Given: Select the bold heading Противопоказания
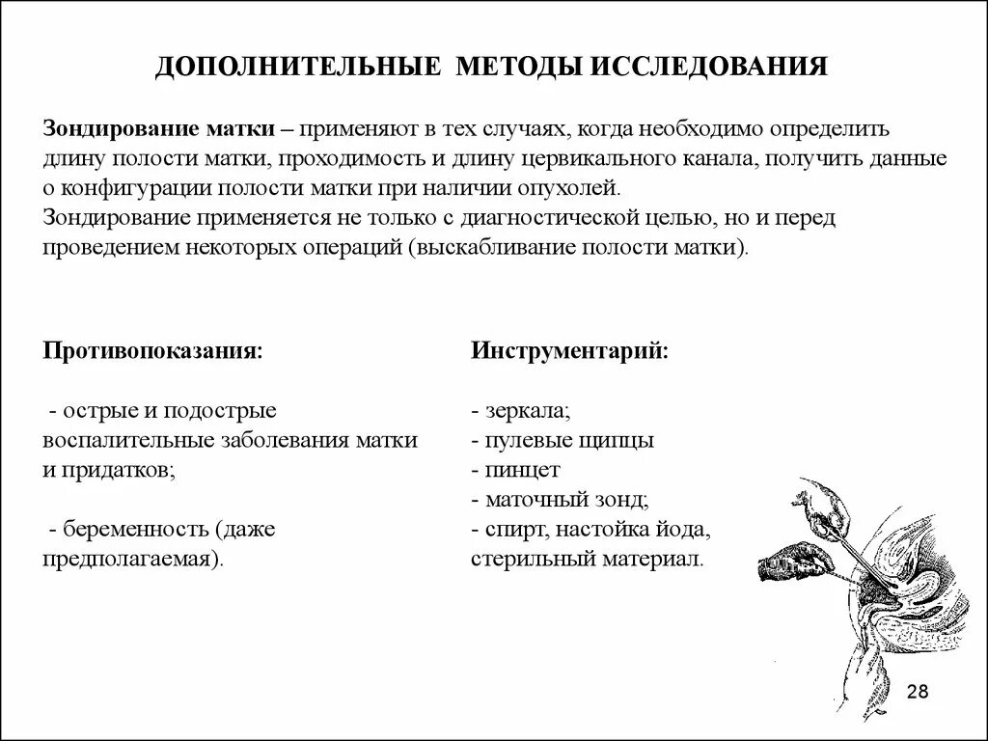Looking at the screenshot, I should (152, 349).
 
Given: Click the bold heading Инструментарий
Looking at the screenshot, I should (570, 349).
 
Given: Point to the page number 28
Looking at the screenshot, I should (918, 692).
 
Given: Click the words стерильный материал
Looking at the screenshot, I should (588, 559).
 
